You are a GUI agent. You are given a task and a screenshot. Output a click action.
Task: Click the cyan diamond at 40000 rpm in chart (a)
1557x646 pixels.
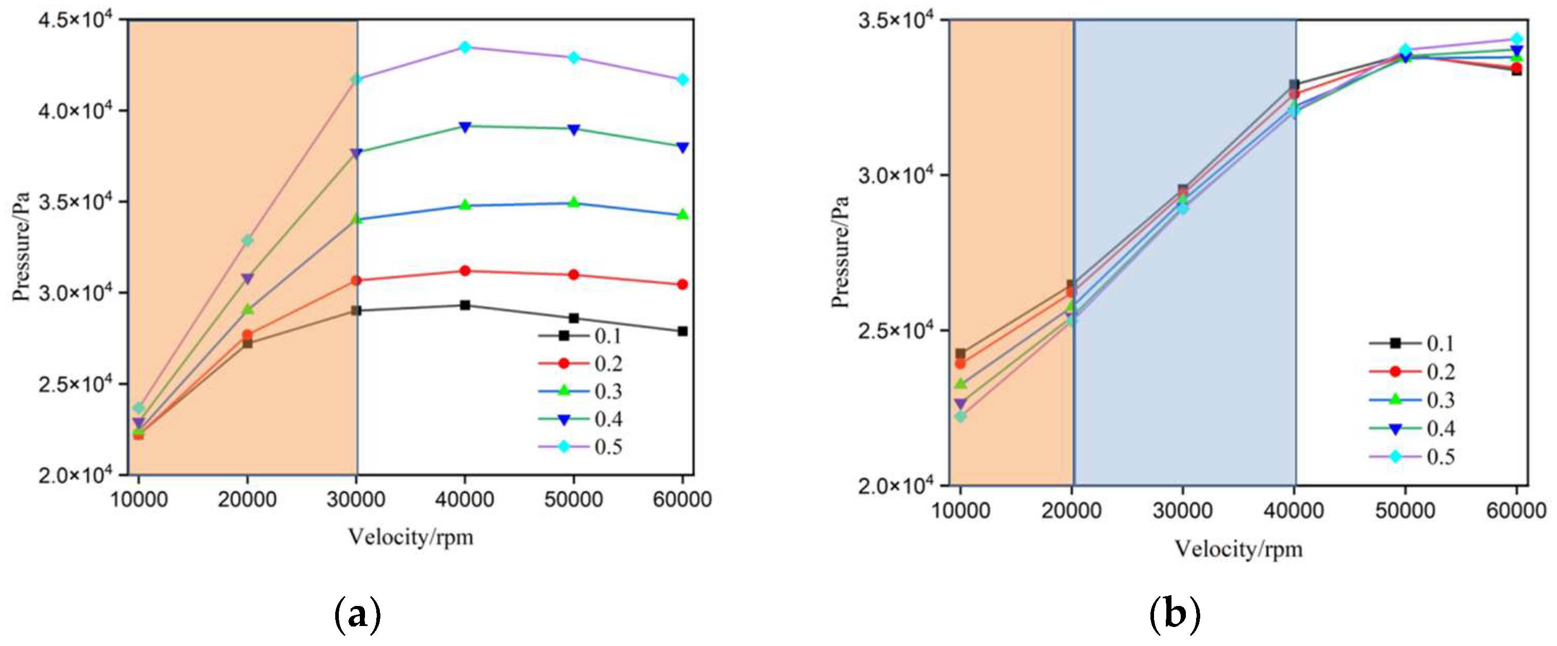coord(465,47)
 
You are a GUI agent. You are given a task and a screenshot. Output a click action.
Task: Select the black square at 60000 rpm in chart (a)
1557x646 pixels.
coord(682,331)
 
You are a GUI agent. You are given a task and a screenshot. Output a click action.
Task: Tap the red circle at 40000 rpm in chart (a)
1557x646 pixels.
coord(465,271)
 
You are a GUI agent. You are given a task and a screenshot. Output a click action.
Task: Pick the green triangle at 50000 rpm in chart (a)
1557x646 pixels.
coord(573,203)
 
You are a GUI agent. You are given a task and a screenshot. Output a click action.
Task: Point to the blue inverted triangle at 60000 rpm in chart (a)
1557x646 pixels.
coord(682,147)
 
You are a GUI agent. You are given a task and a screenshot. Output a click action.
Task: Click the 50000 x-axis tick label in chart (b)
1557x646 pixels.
coord(1405,511)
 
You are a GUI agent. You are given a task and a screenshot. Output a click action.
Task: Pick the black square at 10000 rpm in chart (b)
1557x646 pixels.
coord(960,354)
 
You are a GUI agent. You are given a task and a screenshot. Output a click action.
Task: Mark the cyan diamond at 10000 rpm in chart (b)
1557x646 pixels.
coord(960,416)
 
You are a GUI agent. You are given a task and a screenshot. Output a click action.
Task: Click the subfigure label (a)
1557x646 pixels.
coord(358,615)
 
